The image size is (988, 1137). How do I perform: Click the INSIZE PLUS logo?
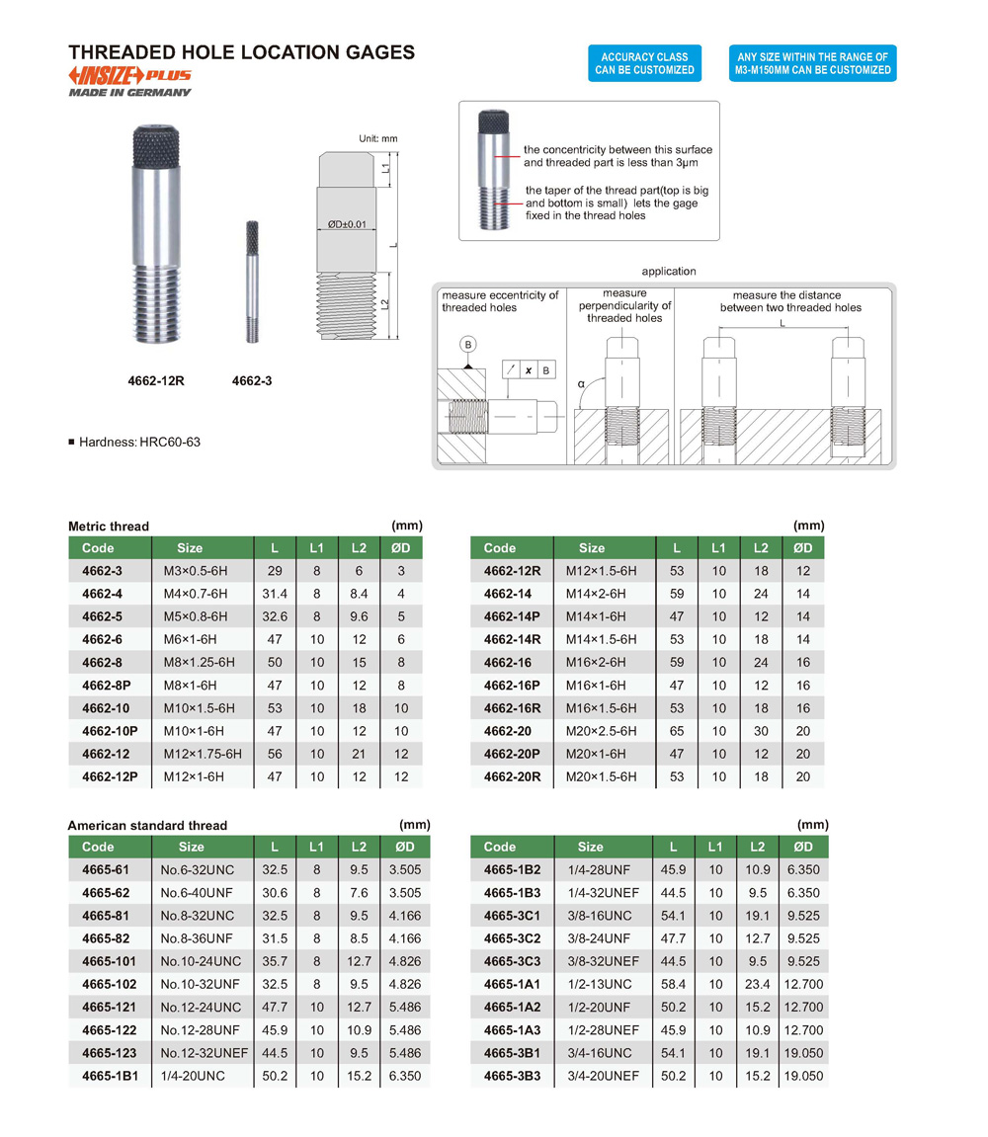click(129, 76)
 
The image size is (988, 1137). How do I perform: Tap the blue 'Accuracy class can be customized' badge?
click(644, 63)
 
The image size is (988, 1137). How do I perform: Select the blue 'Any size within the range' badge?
click(812, 63)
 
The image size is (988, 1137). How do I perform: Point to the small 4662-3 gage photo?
click(252, 282)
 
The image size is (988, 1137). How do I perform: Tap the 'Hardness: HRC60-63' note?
click(138, 442)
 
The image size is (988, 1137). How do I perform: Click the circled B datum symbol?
click(468, 345)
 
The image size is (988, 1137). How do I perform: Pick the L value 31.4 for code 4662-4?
click(275, 594)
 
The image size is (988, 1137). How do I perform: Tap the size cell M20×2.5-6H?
click(601, 731)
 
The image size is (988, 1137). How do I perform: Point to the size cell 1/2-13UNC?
click(598, 984)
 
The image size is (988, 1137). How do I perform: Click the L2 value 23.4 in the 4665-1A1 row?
click(758, 984)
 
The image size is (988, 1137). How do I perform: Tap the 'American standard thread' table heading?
click(147, 825)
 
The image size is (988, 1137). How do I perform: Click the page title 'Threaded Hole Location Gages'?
click(241, 52)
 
